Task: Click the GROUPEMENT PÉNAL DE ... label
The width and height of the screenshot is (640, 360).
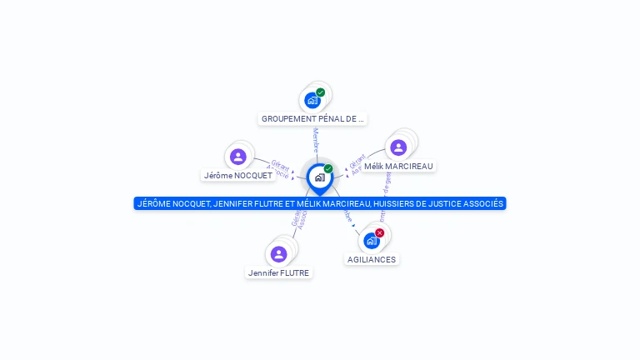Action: (x=312, y=119)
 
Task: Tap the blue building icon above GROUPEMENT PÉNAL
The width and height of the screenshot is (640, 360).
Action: (x=312, y=101)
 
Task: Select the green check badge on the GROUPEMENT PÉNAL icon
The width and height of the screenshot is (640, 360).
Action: (x=321, y=92)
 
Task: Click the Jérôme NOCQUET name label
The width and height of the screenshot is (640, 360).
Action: (x=238, y=176)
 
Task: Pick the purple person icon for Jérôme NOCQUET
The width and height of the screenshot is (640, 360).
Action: (x=238, y=157)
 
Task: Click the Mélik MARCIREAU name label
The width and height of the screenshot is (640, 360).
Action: (x=398, y=167)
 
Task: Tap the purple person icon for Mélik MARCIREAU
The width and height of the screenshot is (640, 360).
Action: (x=398, y=147)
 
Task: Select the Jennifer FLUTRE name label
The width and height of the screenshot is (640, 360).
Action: (x=278, y=272)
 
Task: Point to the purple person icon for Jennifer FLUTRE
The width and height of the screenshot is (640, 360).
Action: (x=278, y=253)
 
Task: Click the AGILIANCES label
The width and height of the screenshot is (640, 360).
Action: (x=372, y=260)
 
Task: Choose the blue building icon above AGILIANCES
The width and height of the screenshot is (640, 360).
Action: (x=371, y=241)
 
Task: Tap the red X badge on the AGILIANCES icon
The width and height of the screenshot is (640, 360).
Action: (x=380, y=232)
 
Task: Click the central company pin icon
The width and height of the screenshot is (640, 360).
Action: (x=319, y=177)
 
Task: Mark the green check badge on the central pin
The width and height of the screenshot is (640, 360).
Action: (x=328, y=168)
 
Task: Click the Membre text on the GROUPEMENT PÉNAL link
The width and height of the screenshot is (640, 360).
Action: (x=316, y=140)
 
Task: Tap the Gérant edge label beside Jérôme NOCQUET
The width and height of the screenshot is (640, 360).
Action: (x=280, y=164)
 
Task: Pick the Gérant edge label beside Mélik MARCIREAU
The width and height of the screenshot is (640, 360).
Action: (x=357, y=160)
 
